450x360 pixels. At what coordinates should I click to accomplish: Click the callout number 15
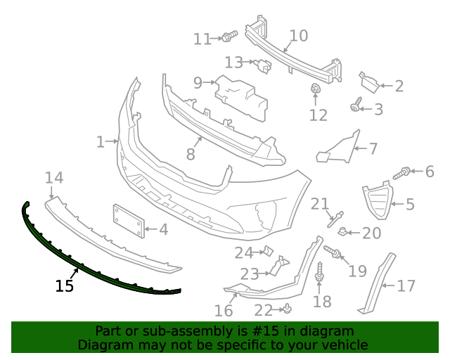(64, 285)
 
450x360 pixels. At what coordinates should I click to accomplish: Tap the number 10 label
(298, 35)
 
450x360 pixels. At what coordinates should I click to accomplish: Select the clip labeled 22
(288, 309)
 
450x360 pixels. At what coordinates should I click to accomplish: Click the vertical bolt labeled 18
(320, 274)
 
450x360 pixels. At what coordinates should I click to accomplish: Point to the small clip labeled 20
(342, 231)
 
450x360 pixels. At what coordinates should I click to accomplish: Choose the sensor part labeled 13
(264, 65)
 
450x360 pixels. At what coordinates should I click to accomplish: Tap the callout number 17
(406, 286)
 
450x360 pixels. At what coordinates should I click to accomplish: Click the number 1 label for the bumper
(101, 142)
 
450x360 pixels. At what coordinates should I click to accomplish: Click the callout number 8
(190, 153)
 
